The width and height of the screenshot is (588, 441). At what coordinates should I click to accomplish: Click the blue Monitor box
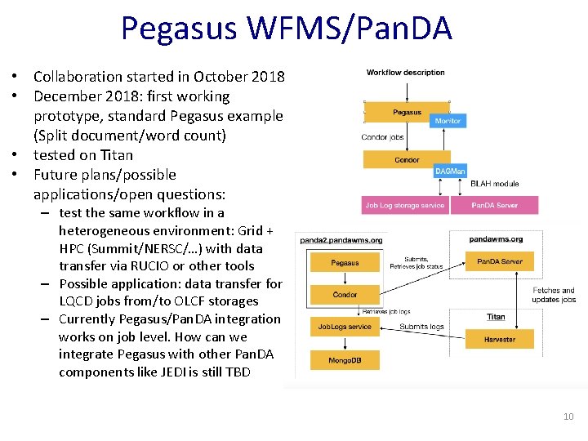448,121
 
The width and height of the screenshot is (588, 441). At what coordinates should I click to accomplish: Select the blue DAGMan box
450,171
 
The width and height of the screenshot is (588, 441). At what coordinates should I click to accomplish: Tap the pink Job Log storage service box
404,205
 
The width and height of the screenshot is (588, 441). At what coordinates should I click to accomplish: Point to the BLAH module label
494,184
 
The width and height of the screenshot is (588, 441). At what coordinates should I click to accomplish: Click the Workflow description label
406,73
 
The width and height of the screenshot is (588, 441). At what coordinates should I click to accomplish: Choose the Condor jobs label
382,137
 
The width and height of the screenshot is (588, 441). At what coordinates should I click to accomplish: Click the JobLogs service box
345,327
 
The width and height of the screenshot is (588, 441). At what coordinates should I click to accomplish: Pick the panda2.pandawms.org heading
341,240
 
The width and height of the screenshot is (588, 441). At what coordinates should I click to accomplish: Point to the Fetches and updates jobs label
554,295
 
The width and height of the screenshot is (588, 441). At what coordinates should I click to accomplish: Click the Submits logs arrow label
421,327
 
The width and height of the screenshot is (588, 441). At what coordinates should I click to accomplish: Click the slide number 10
568,417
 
